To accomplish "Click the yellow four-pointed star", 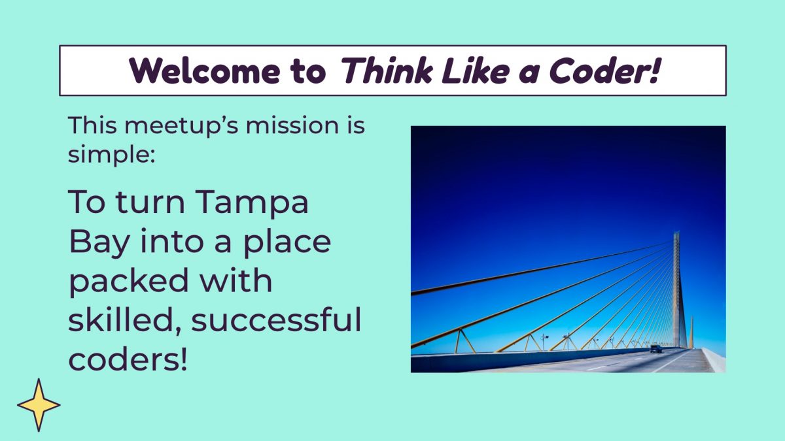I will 39,405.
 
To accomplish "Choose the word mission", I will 285,125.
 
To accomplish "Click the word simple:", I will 111,155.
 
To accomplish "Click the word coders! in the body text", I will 128,360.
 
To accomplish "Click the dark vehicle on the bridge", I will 655,350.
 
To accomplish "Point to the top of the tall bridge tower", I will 676,234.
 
